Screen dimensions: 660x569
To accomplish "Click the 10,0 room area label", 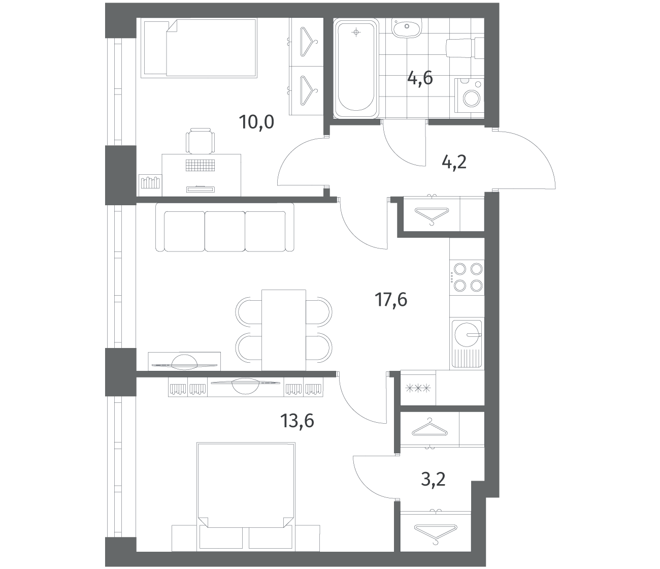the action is [256, 122].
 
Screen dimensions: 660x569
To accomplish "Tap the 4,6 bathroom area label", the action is [420, 78].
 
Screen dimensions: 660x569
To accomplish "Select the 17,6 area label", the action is [391, 300].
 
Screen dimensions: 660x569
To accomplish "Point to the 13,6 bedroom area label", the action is [297, 421].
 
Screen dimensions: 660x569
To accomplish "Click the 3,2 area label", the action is [433, 488].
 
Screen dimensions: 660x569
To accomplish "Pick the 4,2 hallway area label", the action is [454, 162].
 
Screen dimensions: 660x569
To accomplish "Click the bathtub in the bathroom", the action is [356, 69].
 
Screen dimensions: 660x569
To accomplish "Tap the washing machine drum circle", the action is [472, 99].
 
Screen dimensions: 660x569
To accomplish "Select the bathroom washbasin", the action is [407, 28].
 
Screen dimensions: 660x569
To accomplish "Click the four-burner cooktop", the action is [467, 277].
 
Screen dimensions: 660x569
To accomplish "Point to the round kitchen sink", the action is [467, 334].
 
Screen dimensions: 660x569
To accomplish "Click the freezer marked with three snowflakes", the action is [418, 388].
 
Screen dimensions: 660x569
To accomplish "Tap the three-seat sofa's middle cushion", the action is [225, 231].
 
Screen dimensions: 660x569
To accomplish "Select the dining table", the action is [283, 330].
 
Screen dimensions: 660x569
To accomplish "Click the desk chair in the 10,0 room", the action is [200, 141].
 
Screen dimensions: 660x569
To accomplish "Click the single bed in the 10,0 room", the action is [199, 48].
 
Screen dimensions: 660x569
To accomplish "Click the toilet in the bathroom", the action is [465, 49].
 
